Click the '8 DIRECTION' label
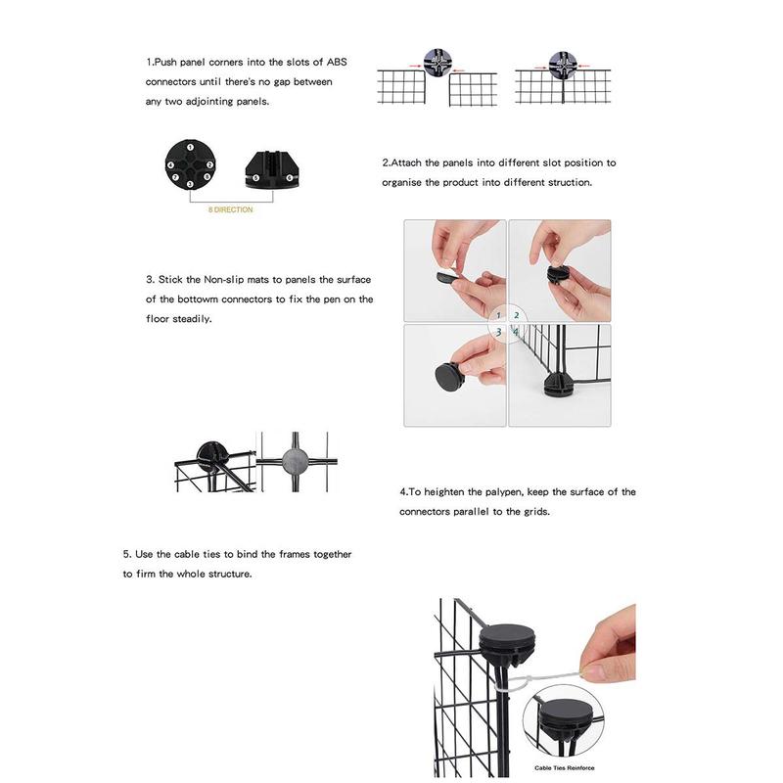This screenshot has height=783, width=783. [x=229, y=209]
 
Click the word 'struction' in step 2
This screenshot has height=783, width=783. [x=565, y=183]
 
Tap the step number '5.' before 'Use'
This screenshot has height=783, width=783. [x=128, y=555]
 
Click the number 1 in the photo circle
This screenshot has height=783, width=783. [x=499, y=315]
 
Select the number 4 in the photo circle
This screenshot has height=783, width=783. [x=516, y=333]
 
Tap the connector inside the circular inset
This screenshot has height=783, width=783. [x=567, y=721]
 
